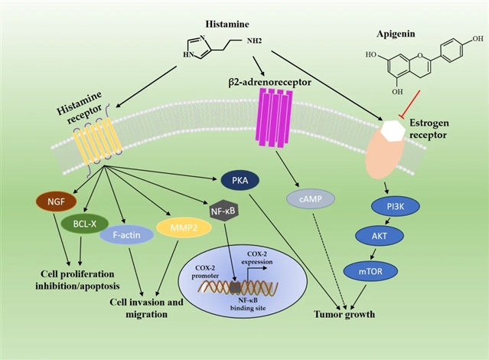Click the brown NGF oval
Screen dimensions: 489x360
tap(57, 201)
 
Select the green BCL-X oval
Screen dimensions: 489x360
tap(85, 224)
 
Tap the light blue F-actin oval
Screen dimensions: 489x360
tap(126, 235)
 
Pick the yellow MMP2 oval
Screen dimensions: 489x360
tap(184, 227)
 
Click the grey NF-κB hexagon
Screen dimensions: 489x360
tap(223, 211)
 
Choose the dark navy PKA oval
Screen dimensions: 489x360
tap(240, 181)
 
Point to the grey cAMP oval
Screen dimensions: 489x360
tap(311, 199)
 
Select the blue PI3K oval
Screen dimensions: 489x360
tap(396, 206)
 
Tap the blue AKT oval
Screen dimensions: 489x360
tap(380, 236)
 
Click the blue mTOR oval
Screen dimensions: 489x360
tap(370, 271)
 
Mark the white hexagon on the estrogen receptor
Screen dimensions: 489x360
tap(393, 131)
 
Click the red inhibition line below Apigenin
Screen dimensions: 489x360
tap(409, 103)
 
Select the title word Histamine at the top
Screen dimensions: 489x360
tap(227, 24)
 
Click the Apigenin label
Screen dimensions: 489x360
tap(396, 34)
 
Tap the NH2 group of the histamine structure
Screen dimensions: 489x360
tap(255, 41)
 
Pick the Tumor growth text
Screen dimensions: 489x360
tap(344, 314)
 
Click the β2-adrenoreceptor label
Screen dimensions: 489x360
tap(270, 82)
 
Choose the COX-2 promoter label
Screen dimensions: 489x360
tap(205, 272)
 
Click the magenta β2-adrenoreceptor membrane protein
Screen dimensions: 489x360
tap(274, 118)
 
